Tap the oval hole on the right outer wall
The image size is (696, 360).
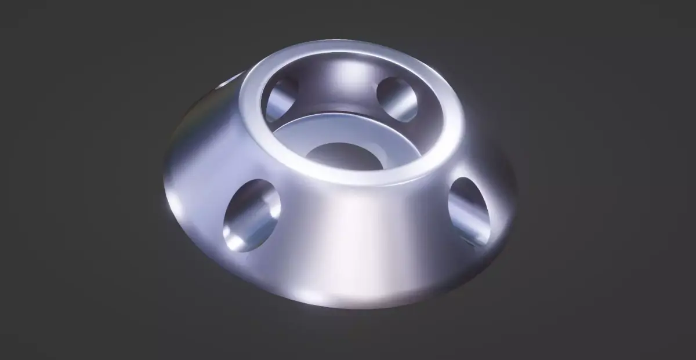point(469,210)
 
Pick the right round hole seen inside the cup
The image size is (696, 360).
point(397,99)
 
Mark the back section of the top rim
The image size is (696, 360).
point(348,50)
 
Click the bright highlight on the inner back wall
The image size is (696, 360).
point(348,75)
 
